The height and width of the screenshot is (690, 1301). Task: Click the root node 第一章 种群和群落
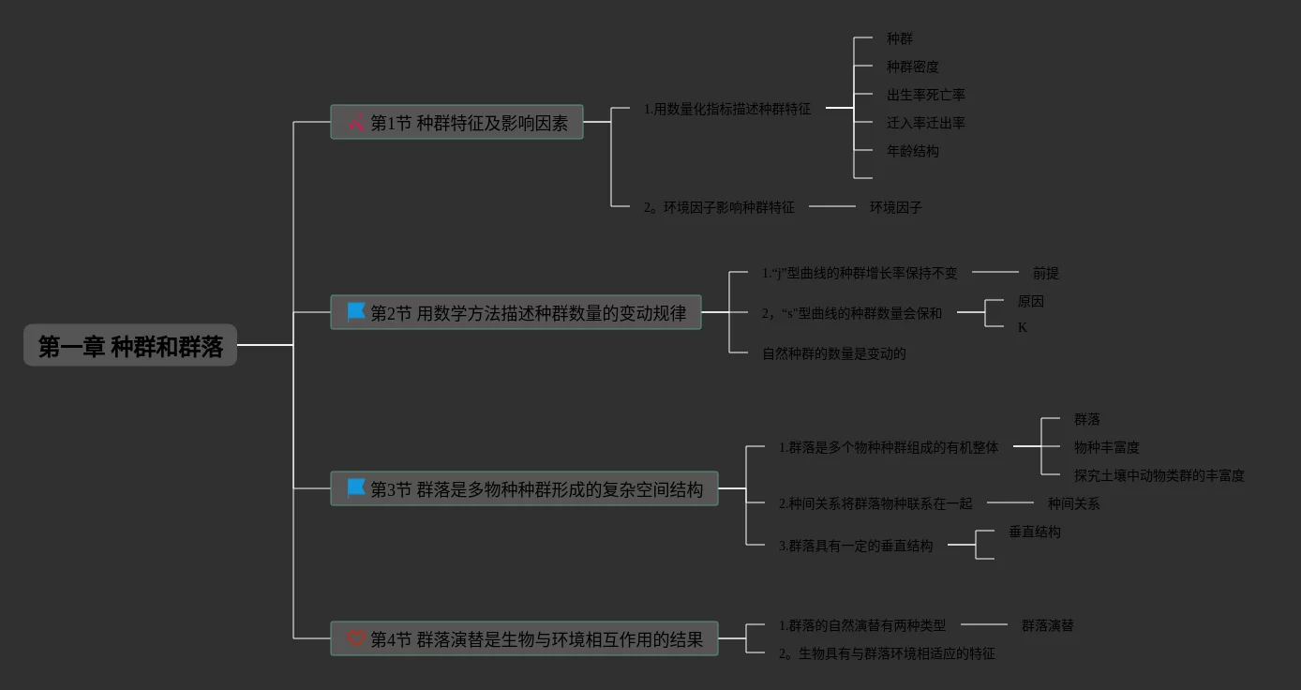pos(130,346)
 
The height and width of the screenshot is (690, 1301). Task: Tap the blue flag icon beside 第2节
pos(356,311)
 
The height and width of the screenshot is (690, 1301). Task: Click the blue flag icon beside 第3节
pos(356,487)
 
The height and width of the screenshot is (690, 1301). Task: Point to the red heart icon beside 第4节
pos(356,638)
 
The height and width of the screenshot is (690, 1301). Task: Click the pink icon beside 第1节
pos(355,122)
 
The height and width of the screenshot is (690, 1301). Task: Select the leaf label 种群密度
pos(912,67)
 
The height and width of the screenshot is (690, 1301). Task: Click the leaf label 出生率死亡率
pos(925,95)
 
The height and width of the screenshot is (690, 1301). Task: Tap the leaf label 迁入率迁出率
pos(925,123)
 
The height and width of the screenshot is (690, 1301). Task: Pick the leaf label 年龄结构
pos(912,151)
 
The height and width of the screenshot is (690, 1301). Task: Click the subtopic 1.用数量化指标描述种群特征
pos(726,109)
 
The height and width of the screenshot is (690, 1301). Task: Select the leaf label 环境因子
pos(895,207)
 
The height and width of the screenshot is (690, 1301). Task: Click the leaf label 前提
pos(1045,273)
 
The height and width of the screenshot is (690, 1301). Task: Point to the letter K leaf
pos(1023,327)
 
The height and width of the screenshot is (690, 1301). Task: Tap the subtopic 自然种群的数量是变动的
pos(833,353)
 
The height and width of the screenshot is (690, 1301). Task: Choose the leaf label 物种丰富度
pos(1106,447)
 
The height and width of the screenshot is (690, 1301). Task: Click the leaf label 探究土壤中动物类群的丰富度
pos(1159,475)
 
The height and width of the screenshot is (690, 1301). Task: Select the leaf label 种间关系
pos(1073,503)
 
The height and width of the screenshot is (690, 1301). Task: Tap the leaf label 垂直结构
pos(1034,532)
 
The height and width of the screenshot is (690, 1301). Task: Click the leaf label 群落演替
pos(1047,625)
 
